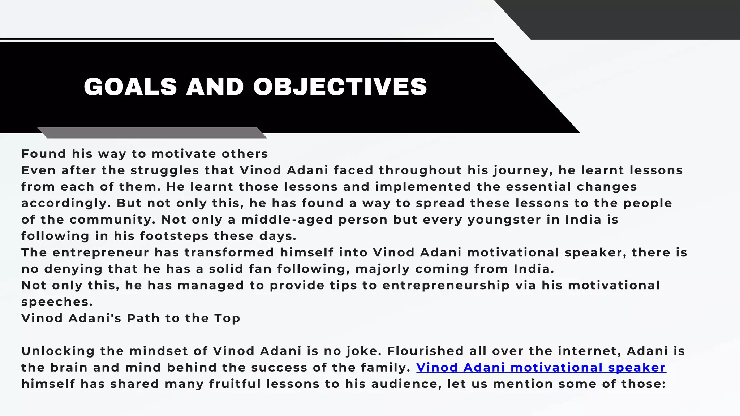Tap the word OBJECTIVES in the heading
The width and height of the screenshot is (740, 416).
340,87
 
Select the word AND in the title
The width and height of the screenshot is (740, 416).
215,87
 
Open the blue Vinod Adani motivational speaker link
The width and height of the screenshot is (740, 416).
541,368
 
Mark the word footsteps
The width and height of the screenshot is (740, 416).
174,236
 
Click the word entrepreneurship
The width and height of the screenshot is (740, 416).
446,285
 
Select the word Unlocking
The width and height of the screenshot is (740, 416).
58,351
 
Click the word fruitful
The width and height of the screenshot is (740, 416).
235,384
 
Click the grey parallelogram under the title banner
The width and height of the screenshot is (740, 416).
152,133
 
